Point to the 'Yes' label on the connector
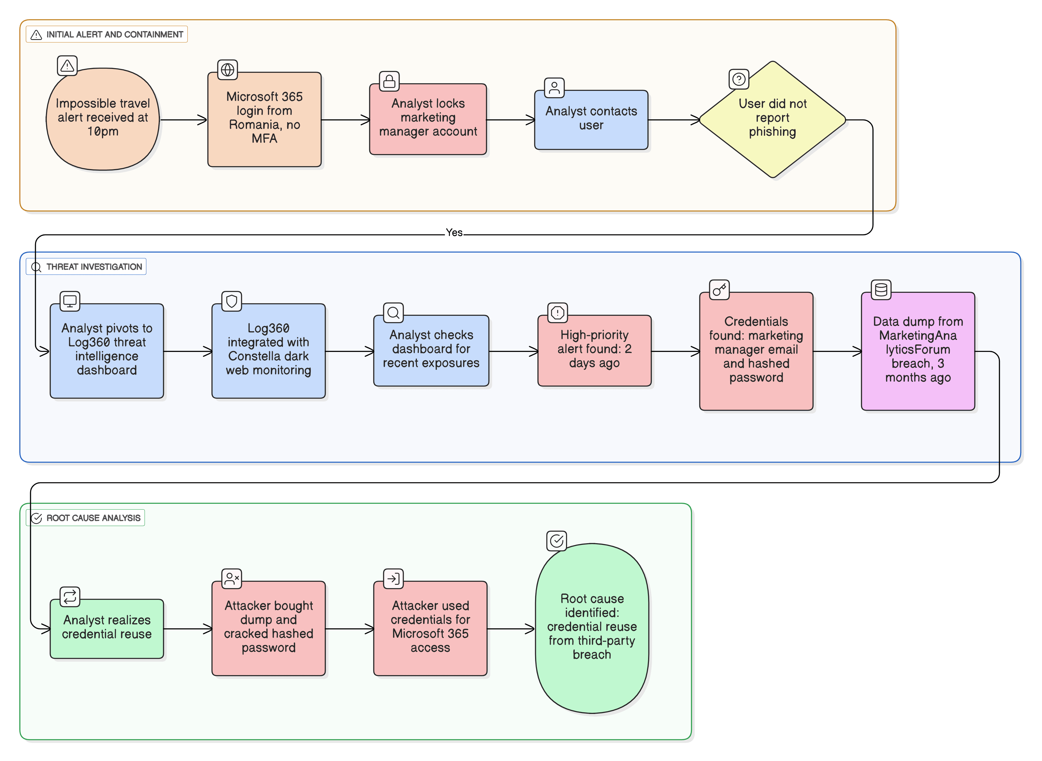[454, 233]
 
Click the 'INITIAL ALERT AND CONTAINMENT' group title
[114, 34]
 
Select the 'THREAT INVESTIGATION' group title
[94, 267]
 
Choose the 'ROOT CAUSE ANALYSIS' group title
[93, 518]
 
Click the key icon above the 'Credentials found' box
[719, 290]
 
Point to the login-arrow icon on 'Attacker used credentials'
[393, 578]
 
